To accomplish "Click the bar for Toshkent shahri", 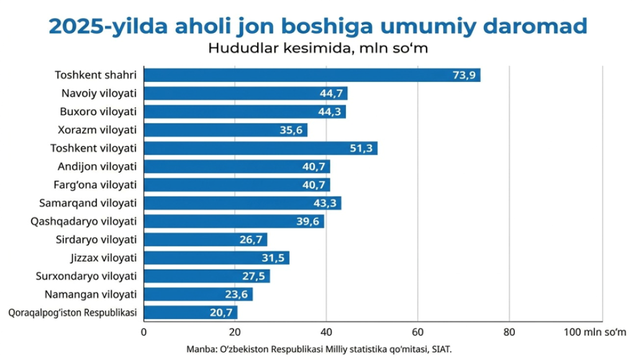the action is (x=312, y=75).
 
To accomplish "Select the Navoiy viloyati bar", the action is (x=245, y=93).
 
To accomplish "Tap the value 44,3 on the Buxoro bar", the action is (x=329, y=112).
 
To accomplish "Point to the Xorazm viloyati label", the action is (x=97, y=130).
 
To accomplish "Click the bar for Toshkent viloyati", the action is (x=260, y=148).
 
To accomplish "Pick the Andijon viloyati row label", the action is (x=97, y=166).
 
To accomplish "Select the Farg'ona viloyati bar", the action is (x=237, y=185).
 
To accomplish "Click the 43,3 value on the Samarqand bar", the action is (x=325, y=203).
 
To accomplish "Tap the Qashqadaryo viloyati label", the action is (x=84, y=222).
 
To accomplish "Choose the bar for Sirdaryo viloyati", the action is (x=205, y=240).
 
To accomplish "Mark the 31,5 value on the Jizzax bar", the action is (x=273, y=258).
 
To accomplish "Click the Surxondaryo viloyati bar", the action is (x=207, y=276).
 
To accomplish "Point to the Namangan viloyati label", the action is (x=91, y=294).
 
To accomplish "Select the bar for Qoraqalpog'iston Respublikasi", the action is (x=191, y=313).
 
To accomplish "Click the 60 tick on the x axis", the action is (x=418, y=332).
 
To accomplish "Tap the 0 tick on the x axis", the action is (x=143, y=332).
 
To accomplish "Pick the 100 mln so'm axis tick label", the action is (x=594, y=332).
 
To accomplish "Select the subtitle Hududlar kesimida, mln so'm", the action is (x=318, y=48).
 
